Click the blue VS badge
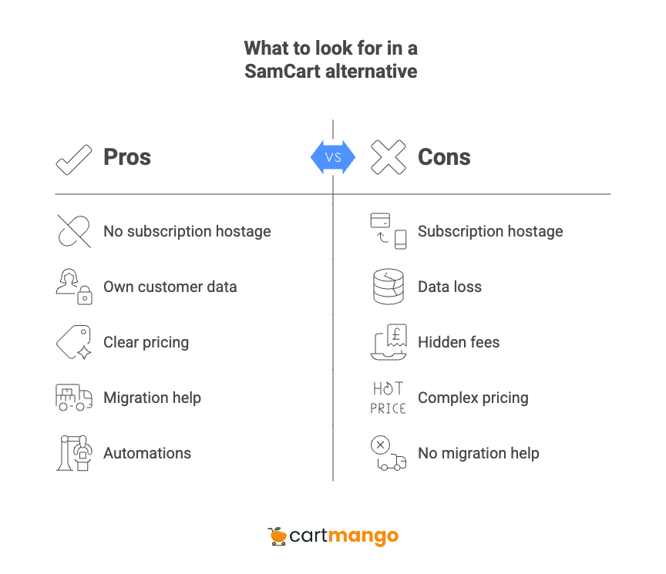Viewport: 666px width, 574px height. (333, 157)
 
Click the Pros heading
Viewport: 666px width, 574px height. (127, 157)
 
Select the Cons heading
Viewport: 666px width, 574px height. (443, 157)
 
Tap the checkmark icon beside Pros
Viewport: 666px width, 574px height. (74, 158)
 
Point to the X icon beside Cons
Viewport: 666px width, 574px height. (388, 157)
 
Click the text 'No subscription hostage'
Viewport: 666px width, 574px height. (187, 231)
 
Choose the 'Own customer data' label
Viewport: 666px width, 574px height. (170, 287)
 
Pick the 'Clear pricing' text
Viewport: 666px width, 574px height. (146, 342)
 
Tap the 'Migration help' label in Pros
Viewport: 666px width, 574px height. (152, 398)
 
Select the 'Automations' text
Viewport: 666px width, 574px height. (146, 453)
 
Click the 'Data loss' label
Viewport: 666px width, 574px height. (449, 287)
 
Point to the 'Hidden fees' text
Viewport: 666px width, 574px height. (458, 342)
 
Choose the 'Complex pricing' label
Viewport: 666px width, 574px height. (473, 398)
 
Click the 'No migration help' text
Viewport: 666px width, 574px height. (478, 453)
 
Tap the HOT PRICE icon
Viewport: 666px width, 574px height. (388, 398)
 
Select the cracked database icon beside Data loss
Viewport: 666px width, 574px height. (388, 287)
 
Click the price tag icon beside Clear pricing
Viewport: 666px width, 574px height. (74, 342)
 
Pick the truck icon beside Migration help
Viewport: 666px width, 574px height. (74, 398)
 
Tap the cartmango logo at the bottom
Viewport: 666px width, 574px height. (333, 535)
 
